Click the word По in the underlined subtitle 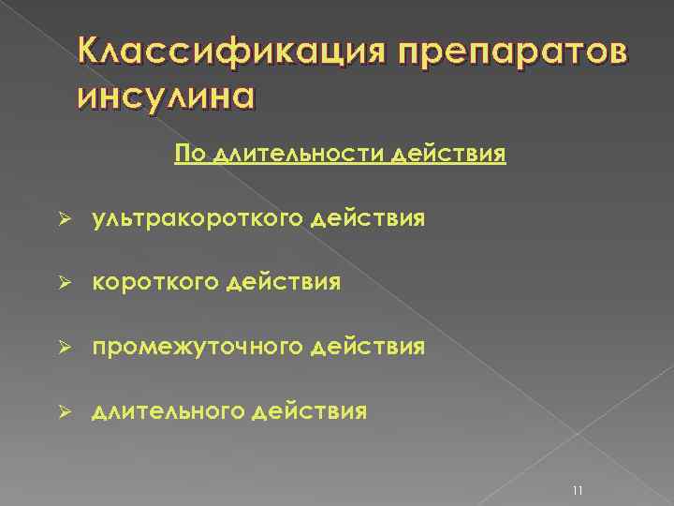click(189, 154)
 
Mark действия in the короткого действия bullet click(277, 283)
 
